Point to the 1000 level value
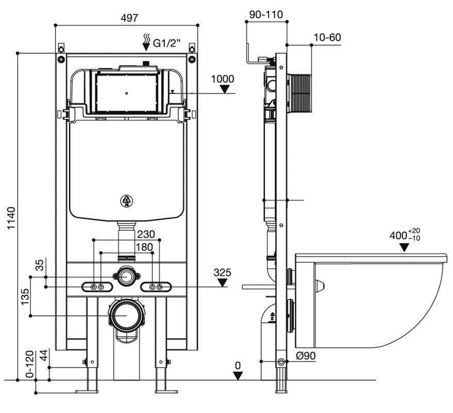(x=223, y=79)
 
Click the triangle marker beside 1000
(x=224, y=90)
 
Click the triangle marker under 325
(x=222, y=282)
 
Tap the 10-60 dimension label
(x=327, y=37)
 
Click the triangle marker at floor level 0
(x=237, y=376)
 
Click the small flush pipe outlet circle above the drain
(x=124, y=276)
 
